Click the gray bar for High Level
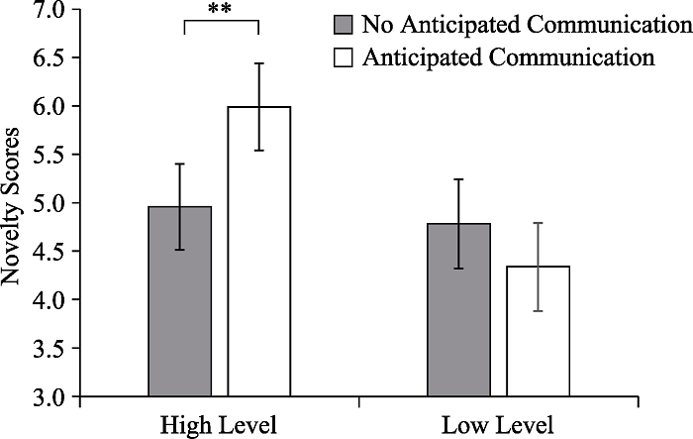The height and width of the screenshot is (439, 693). pyautogui.click(x=179, y=302)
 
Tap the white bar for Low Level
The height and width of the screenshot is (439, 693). pyautogui.click(x=539, y=332)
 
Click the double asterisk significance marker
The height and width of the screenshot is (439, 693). pyautogui.click(x=220, y=11)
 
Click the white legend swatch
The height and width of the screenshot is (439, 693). pyautogui.click(x=345, y=57)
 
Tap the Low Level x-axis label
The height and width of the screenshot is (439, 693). pyautogui.click(x=496, y=424)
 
